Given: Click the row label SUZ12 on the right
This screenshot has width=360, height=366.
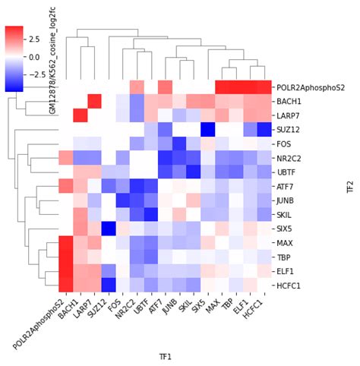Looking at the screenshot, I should [289, 130].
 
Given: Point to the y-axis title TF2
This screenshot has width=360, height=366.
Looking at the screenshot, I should [350, 185].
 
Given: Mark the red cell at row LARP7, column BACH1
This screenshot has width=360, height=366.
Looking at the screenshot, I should [79, 115].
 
